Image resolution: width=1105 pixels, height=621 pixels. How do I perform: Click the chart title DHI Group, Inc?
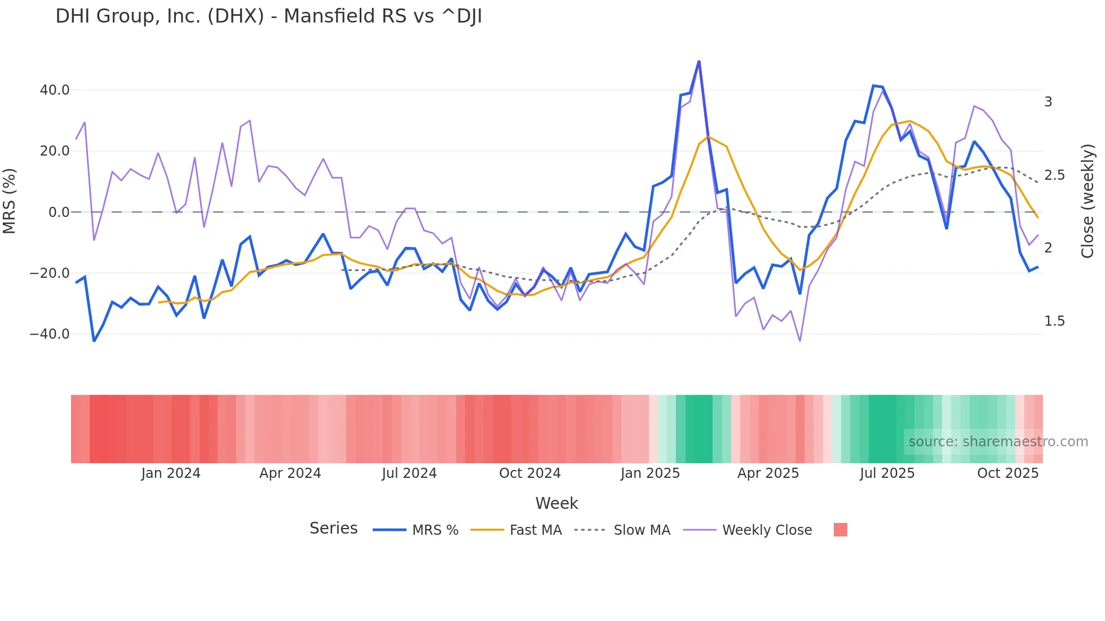tap(268, 16)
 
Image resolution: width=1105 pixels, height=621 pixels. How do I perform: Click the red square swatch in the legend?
tap(840, 530)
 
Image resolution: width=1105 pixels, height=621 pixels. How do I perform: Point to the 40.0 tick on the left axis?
tap(55, 90)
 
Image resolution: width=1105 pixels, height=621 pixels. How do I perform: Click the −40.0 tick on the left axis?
tap(50, 334)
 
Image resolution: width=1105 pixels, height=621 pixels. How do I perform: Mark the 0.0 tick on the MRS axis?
tap(59, 212)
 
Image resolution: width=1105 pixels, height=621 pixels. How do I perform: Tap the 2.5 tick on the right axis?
tap(1055, 175)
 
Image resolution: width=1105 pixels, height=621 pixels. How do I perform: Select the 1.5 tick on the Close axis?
tap(1055, 321)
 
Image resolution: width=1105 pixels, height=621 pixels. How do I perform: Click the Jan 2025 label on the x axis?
tap(650, 473)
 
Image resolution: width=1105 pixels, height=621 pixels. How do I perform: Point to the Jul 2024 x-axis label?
tap(409, 473)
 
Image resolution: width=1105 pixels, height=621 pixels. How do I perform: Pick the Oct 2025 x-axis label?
tap(1007, 473)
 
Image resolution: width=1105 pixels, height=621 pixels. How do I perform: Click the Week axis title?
tap(556, 503)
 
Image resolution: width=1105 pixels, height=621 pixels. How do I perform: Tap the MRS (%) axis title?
tap(10, 201)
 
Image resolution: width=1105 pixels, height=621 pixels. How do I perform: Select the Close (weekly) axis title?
tap(1088, 201)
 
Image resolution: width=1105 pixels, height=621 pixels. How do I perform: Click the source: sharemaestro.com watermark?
tap(998, 442)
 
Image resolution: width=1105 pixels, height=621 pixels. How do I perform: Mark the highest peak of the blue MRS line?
tap(699, 61)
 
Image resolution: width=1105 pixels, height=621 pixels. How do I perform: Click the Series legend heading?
tap(333, 529)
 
